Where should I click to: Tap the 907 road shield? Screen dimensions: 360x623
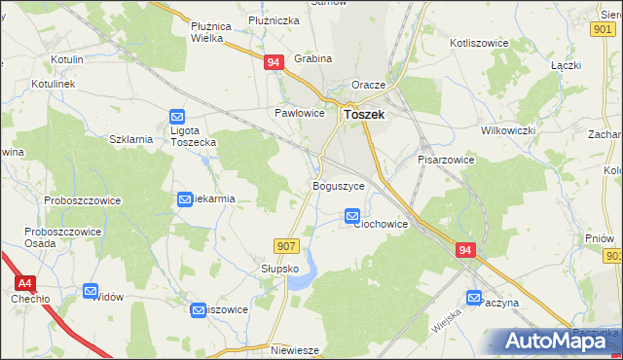click(x=285, y=246)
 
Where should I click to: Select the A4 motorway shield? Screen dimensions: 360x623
click(x=25, y=282)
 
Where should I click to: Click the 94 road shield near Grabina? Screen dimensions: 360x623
click(x=274, y=62)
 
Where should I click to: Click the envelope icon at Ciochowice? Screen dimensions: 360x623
click(x=352, y=216)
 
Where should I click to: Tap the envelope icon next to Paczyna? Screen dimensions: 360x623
click(x=475, y=299)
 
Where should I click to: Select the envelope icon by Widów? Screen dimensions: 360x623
click(x=91, y=290)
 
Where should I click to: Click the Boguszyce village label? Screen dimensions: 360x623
click(x=339, y=185)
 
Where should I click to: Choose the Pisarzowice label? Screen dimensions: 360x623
click(x=446, y=159)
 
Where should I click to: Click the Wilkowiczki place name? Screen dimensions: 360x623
click(x=510, y=130)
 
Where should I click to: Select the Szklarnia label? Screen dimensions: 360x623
click(x=131, y=139)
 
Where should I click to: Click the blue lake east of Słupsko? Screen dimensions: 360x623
click(x=304, y=273)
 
